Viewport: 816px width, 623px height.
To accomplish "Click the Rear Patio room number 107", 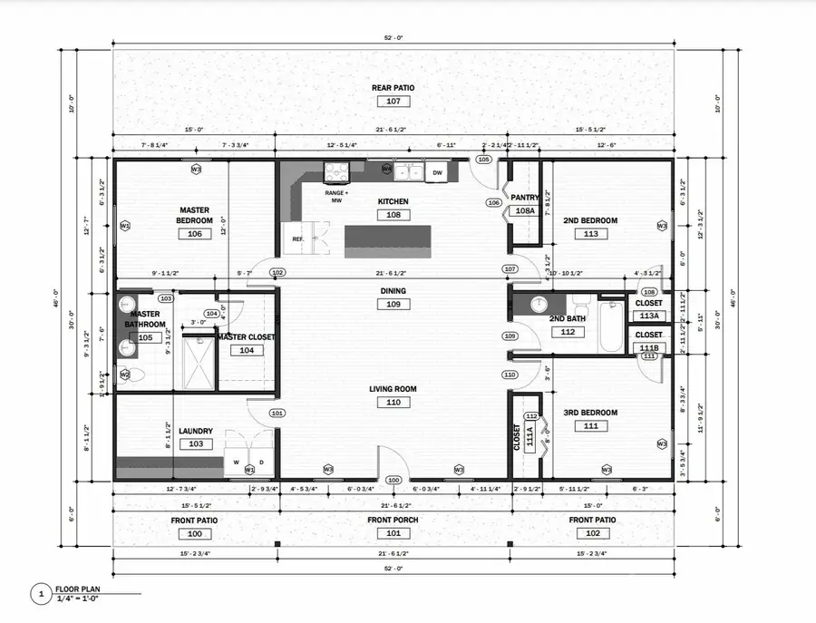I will pos(393,102).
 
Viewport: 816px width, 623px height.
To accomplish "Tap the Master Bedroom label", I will pos(195,215).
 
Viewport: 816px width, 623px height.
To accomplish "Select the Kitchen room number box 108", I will pos(393,215).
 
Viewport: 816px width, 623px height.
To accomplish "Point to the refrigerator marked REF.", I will pos(296,239).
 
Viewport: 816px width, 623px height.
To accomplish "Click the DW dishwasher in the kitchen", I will pos(437,172).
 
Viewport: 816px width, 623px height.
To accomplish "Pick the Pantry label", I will pos(525,197).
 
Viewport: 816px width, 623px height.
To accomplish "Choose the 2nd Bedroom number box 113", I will pos(591,234).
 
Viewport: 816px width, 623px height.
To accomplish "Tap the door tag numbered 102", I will pos(277,272).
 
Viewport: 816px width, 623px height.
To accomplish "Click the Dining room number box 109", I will pos(393,305).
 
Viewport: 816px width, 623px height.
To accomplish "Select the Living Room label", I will pos(393,389).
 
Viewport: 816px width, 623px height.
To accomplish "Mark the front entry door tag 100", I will pos(393,480).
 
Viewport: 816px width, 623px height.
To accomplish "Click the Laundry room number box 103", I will pos(196,444).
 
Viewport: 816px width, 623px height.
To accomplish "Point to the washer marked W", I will pos(237,462).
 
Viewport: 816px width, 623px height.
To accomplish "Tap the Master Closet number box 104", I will pos(246,350).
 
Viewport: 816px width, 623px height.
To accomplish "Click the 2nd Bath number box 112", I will pos(568,332).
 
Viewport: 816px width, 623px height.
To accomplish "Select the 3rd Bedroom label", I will pos(590,413).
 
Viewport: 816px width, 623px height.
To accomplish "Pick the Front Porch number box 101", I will pos(393,533).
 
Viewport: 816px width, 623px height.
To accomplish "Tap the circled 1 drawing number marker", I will pos(40,595).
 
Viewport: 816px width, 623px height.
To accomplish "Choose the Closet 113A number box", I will pos(649,316).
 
